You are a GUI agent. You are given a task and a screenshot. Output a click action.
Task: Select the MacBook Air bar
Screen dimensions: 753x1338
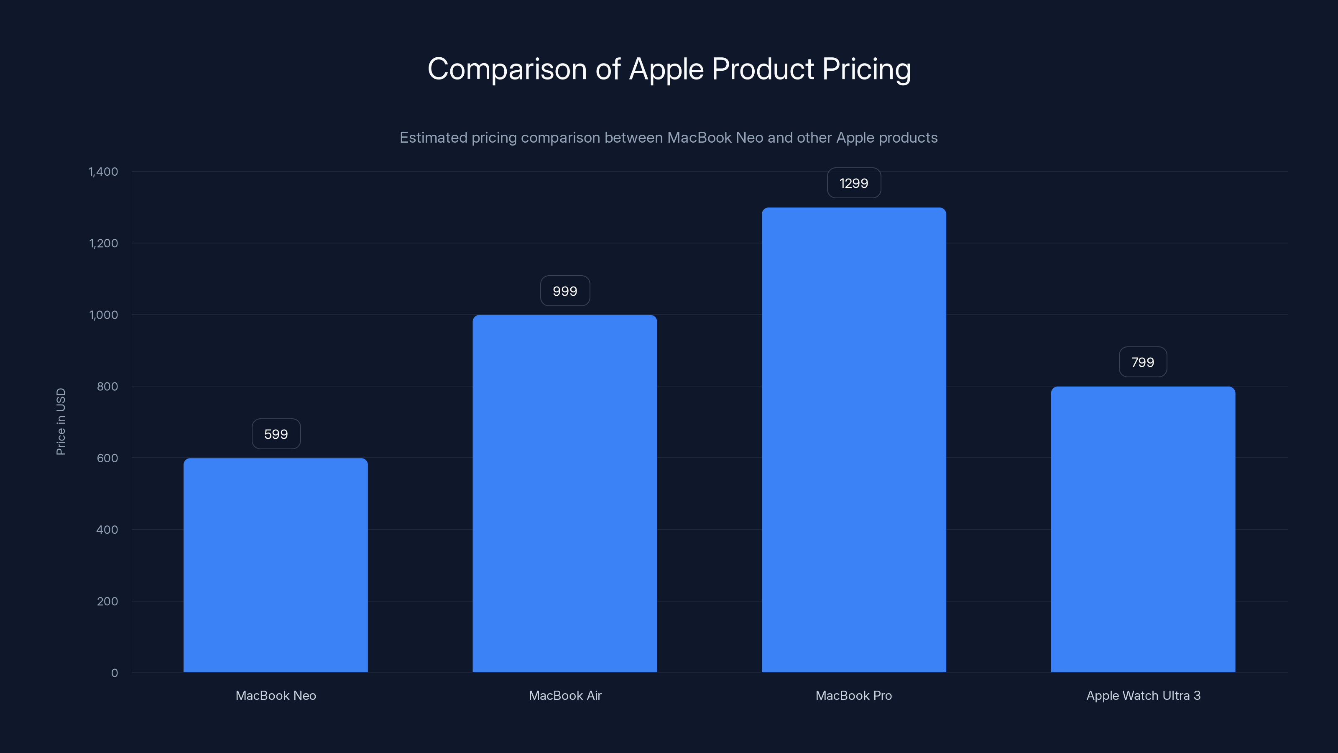[x=564, y=493]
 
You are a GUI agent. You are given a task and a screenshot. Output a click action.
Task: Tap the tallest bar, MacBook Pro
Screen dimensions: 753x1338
[x=853, y=440]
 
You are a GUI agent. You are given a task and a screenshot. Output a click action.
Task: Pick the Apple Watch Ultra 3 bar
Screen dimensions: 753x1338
[x=1143, y=529]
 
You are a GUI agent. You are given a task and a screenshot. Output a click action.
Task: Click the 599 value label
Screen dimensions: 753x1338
[x=276, y=434]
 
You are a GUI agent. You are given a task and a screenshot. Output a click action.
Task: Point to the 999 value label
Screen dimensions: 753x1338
[x=564, y=291]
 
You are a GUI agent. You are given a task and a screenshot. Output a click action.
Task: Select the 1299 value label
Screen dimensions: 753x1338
[x=853, y=183]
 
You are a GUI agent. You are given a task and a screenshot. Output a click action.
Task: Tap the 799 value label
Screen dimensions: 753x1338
[x=1143, y=362]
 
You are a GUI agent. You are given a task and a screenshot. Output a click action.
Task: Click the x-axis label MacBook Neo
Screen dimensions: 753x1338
[x=276, y=695]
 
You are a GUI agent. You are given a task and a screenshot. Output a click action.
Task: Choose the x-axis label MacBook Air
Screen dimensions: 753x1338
[x=564, y=695]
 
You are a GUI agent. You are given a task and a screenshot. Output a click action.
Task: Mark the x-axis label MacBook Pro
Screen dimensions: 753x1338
[x=853, y=695]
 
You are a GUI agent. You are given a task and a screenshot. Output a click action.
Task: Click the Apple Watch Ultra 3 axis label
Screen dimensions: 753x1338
[x=1143, y=695]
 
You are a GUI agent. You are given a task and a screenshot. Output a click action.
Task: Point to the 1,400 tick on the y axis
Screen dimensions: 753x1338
[x=103, y=172]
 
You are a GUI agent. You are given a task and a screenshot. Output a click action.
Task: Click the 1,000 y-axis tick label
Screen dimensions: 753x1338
[x=103, y=315]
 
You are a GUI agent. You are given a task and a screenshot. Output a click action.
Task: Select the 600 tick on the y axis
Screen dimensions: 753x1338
[x=107, y=458]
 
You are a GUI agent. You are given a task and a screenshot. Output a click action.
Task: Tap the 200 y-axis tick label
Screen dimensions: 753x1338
[x=107, y=601]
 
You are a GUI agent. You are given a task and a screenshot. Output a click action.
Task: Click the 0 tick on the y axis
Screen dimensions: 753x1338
[x=114, y=673]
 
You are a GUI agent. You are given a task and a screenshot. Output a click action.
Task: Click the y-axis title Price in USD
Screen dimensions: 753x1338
[x=61, y=421]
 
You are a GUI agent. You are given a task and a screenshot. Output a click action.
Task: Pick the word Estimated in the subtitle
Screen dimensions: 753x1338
[x=433, y=138]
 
